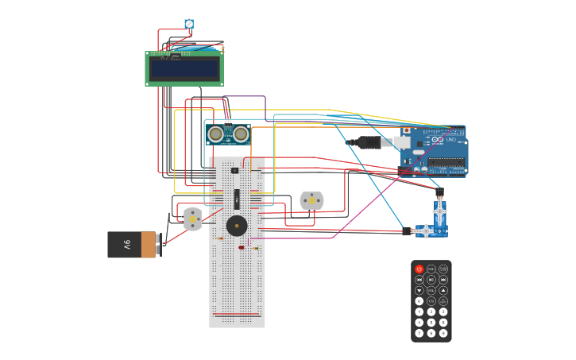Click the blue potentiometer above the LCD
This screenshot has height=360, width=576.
click(189, 24)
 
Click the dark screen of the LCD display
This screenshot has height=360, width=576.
click(184, 69)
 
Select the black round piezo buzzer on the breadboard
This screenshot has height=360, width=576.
click(236, 226)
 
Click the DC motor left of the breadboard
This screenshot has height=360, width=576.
click(193, 218)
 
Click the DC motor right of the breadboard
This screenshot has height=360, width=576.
click(311, 200)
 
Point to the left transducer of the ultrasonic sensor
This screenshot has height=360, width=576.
click(215, 134)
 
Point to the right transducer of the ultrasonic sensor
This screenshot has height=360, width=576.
click(241, 134)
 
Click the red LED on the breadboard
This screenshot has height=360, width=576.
click(242, 247)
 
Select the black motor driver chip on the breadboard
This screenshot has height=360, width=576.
click(236, 199)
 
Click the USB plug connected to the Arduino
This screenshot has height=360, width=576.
click(372, 142)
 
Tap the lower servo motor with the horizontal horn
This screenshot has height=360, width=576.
click(429, 231)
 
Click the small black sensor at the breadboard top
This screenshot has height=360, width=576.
click(234, 170)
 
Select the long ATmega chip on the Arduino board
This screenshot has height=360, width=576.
click(446, 162)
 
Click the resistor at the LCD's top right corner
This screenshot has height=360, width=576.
click(222, 49)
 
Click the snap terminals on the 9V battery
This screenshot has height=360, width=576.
click(158, 245)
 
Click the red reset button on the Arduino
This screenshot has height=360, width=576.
click(406, 130)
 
